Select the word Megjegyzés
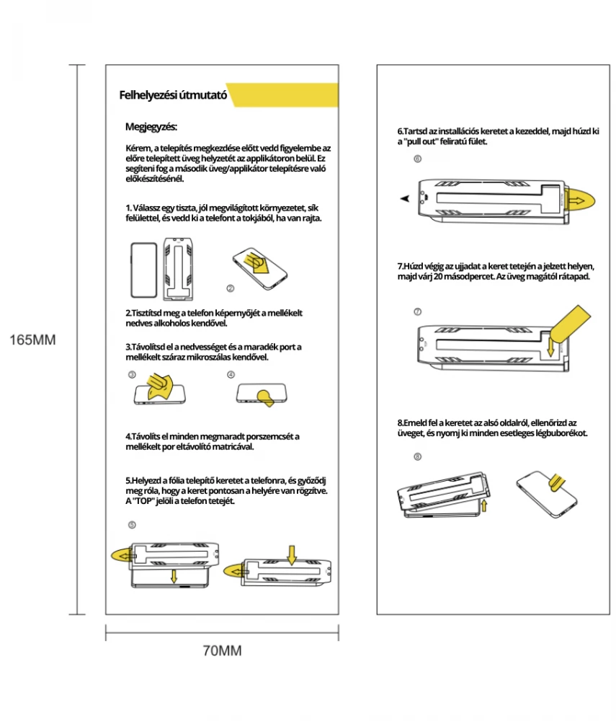tap(151, 128)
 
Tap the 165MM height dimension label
tap(32, 340)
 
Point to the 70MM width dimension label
tap(221, 651)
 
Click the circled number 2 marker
tap(231, 288)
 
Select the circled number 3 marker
tap(132, 375)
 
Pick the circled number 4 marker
tap(231, 375)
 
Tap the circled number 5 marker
tap(132, 524)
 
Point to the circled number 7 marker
tap(417, 311)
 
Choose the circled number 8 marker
tap(417, 456)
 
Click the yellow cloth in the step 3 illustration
tap(159, 385)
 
